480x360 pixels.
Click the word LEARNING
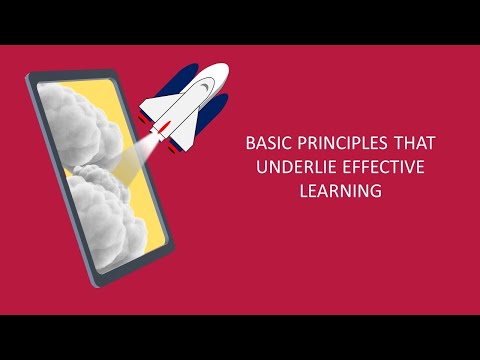coord(341,191)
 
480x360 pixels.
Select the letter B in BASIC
coord(250,143)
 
